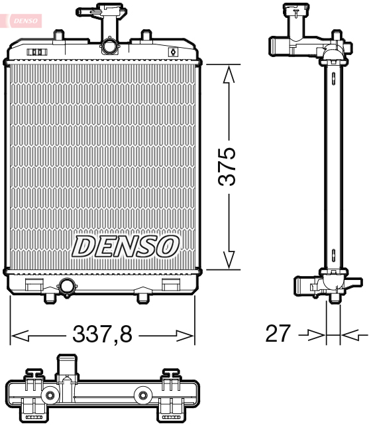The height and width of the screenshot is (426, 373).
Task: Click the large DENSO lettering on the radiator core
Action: (125, 246)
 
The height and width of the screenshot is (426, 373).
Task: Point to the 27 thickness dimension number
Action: (278, 334)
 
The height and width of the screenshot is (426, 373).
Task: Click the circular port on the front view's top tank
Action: (109, 46)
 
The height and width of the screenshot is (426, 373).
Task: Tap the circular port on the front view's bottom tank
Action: (67, 287)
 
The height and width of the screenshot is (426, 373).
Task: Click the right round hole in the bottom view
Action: (142, 396)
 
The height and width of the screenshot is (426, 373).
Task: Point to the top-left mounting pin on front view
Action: (59, 34)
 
